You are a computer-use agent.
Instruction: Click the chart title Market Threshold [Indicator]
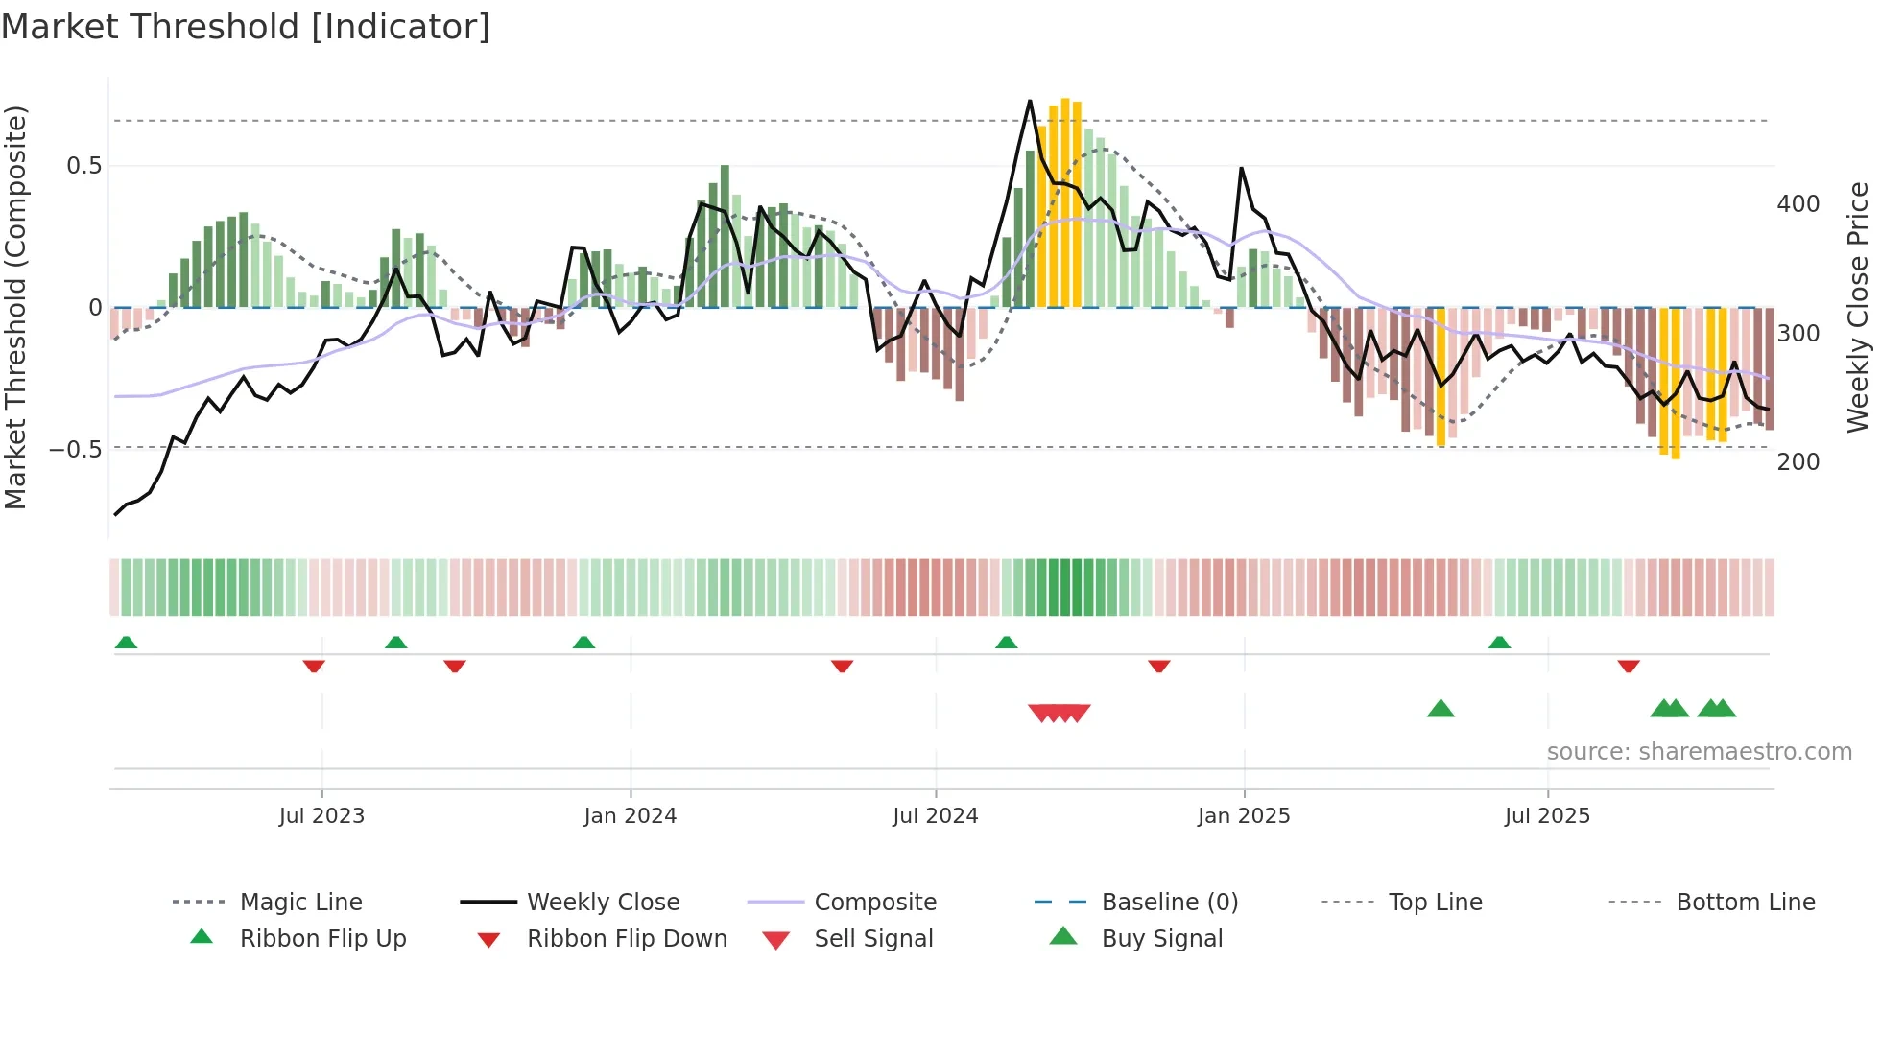246,27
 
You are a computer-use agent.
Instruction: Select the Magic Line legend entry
300,902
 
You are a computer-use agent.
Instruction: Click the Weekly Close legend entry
603,902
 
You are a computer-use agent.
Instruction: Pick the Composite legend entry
874,902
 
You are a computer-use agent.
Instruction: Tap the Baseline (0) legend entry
1169,902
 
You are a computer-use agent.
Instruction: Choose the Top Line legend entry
1435,902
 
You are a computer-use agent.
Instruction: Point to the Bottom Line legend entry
1745,902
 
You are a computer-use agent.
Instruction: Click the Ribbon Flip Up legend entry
322,938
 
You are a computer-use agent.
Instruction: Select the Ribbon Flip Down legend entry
627,938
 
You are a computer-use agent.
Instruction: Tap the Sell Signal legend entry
873,938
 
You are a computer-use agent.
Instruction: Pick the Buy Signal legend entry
1161,938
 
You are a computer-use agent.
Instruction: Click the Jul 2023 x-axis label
321,816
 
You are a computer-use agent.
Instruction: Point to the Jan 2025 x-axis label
1244,816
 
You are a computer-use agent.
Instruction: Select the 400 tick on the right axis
1798,204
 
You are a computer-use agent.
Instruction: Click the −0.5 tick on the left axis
76,450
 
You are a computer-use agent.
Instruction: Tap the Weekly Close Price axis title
1858,307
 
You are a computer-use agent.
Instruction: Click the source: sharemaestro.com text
1699,752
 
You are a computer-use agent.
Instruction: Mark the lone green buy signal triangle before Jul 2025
1441,709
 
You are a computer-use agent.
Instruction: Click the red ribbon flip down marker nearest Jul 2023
314,666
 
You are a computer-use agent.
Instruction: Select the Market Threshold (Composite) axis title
15,307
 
